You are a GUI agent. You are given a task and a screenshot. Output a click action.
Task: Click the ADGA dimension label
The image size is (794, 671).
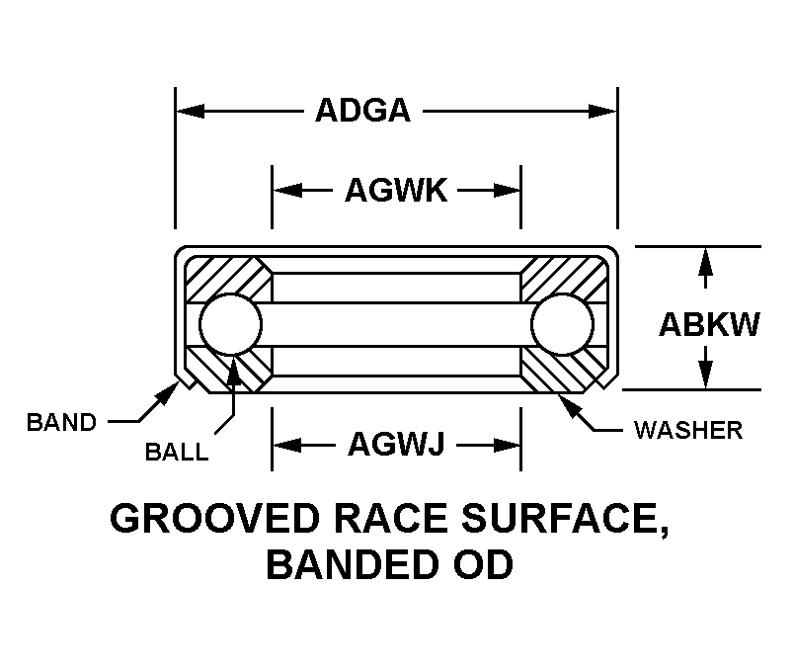[362, 111]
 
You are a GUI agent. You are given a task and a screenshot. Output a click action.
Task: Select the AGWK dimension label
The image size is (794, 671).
[396, 191]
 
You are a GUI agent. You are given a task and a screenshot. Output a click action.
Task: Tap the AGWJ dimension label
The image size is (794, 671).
[396, 444]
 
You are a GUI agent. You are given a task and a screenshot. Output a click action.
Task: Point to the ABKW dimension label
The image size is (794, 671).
[709, 324]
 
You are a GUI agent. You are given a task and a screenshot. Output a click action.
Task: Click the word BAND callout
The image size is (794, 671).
[61, 422]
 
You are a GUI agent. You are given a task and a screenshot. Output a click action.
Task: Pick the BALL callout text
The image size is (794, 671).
[177, 452]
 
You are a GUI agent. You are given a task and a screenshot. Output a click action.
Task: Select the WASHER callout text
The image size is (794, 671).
[688, 430]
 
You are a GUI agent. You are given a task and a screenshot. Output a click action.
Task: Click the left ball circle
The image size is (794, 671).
[230, 324]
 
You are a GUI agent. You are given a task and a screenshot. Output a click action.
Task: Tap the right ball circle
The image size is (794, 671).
[563, 324]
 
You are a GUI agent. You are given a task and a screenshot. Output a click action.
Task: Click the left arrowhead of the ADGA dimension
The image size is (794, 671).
[190, 111]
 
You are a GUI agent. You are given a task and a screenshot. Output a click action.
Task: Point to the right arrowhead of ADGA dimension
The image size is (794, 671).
[602, 111]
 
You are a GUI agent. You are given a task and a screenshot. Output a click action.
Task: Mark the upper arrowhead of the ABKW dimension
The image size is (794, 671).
[705, 262]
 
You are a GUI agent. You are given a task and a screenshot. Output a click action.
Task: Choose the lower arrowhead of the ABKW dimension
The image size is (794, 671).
[705, 375]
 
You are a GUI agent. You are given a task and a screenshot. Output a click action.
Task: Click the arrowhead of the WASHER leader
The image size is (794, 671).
[567, 405]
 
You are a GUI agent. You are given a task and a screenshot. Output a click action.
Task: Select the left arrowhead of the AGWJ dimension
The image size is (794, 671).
[287, 445]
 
